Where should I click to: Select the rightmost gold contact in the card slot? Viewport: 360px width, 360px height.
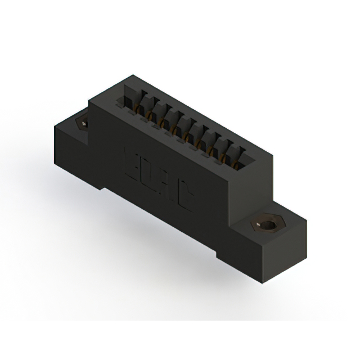(x=240, y=159)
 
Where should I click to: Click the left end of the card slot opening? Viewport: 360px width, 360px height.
(x=121, y=101)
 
